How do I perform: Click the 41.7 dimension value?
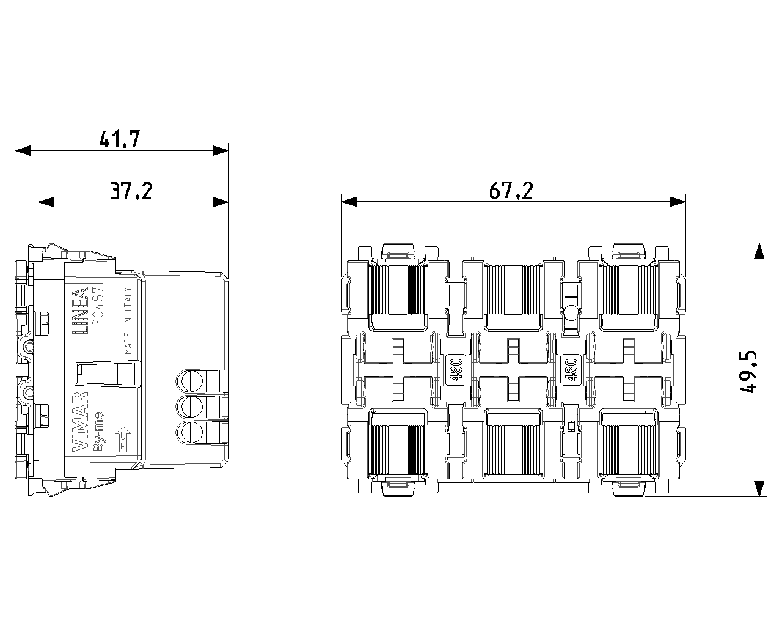(120, 139)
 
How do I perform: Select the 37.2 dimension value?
(131, 191)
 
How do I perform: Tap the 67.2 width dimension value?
(511, 190)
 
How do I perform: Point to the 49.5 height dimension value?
(748, 371)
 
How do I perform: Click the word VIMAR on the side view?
(80, 422)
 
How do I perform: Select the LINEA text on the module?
(80, 311)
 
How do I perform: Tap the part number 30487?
(98, 306)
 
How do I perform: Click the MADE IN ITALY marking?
(128, 320)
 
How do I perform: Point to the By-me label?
(99, 432)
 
